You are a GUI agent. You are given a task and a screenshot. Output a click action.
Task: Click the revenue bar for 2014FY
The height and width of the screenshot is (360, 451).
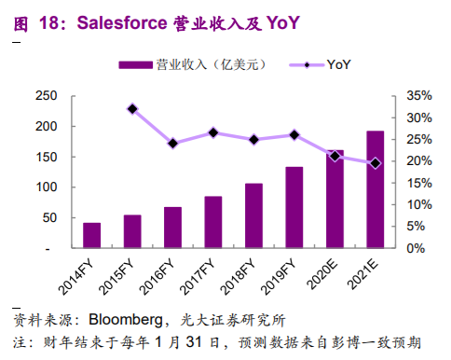91,236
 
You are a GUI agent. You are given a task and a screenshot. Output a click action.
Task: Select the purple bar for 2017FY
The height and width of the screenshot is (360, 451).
212,223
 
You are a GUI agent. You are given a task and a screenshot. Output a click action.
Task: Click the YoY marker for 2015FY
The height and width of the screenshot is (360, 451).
132,109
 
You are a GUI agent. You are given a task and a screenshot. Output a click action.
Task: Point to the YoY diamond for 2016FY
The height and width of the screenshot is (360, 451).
172,144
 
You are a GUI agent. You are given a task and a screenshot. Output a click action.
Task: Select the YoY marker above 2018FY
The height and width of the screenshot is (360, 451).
253,140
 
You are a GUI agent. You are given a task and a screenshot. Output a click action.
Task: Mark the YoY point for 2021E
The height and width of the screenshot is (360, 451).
375,163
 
